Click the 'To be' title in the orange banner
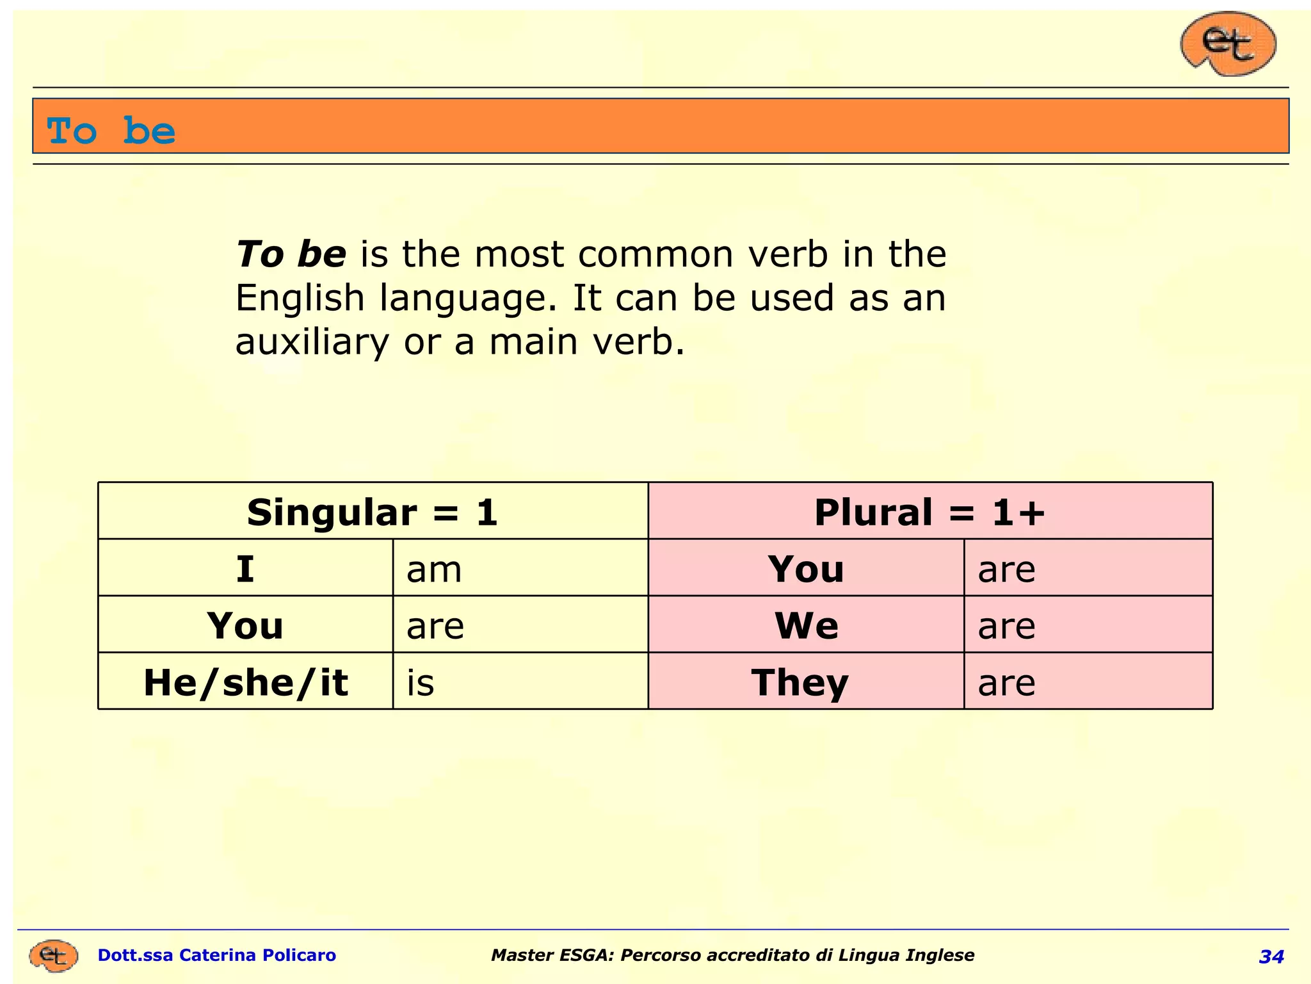111,131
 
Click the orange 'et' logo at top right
1228,44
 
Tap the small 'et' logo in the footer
53,956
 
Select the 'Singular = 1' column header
373,512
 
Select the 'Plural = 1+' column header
929,512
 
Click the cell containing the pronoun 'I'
245,569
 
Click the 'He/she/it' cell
245,682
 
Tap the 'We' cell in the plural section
806,625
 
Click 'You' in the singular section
245,625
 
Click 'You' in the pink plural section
806,569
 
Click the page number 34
1271,956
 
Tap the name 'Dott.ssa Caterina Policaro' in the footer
216,955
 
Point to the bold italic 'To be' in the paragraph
291,254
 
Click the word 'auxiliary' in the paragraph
312,341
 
